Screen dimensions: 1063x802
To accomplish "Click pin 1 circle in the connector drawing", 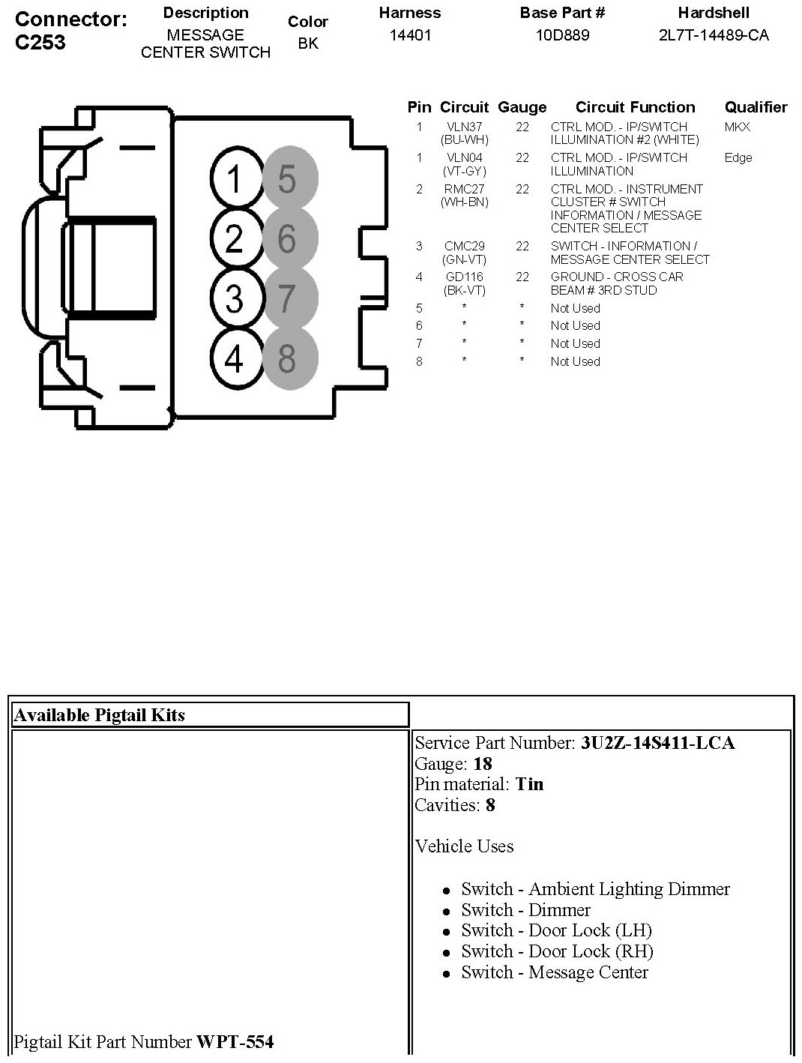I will pyautogui.click(x=234, y=180).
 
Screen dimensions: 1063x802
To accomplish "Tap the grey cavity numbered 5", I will pyautogui.click(x=289, y=180).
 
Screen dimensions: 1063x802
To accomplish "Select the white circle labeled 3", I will pyautogui.click(x=234, y=298).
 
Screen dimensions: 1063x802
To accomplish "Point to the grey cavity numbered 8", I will pyautogui.click(x=289, y=358).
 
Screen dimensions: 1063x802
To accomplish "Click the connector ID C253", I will pyautogui.click(x=40, y=42).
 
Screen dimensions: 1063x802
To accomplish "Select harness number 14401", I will pyautogui.click(x=410, y=35).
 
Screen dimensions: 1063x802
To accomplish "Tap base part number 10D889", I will pyautogui.click(x=562, y=35).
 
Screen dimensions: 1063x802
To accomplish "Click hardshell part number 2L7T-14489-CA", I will pyautogui.click(x=713, y=35).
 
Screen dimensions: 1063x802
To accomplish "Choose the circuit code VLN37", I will pyautogui.click(x=465, y=127).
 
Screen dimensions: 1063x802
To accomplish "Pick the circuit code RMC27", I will pyautogui.click(x=465, y=189).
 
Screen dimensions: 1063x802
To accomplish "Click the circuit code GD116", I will pyautogui.click(x=465, y=277).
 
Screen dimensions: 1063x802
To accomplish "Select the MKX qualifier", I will pyautogui.click(x=737, y=127).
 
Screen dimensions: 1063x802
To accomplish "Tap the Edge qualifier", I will pyautogui.click(x=738, y=158).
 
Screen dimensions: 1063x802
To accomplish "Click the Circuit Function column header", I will pyautogui.click(x=635, y=107).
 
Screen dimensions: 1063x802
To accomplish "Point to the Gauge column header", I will pyautogui.click(x=522, y=107).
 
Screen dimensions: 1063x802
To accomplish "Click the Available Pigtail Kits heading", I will pyautogui.click(x=99, y=715).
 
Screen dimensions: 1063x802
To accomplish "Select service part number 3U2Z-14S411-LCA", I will pyautogui.click(x=657, y=743).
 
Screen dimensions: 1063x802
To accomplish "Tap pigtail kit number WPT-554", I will pyautogui.click(x=235, y=1041).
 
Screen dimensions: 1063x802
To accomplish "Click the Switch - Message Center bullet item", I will pyautogui.click(x=554, y=972).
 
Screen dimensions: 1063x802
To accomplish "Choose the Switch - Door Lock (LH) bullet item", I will pyautogui.click(x=556, y=930).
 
